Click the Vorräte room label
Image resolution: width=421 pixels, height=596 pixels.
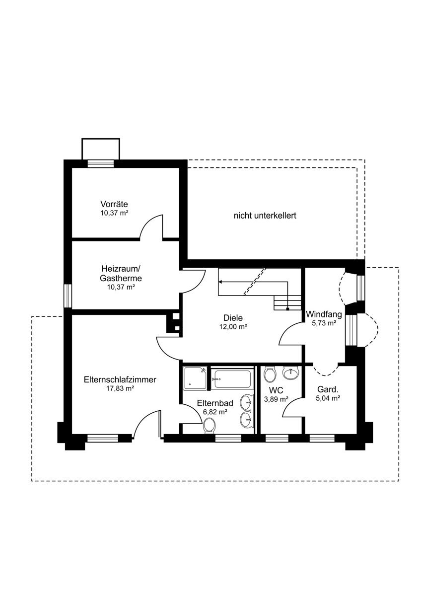114,204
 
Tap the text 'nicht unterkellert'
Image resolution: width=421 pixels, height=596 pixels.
265,215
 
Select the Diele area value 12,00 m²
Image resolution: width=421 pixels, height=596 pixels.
233,327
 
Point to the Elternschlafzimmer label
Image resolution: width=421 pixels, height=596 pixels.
120,379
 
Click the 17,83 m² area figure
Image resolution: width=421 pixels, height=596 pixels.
120,388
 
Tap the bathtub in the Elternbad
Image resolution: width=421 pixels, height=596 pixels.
232,379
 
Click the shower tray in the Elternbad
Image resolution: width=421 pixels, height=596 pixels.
195,378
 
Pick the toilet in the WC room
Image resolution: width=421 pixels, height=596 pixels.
270,374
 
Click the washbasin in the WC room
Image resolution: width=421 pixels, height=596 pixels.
291,373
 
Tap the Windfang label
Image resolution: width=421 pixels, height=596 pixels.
324,314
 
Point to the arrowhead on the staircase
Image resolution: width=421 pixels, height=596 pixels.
220,282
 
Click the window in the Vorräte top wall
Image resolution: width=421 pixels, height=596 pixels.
101,163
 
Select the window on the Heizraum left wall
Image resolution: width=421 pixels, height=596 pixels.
68,296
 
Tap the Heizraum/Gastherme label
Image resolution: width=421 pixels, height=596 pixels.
121,273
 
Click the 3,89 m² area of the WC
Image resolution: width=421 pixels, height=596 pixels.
277,399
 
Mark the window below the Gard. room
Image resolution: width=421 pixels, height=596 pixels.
322,438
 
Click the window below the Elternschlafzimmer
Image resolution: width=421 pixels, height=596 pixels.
103,438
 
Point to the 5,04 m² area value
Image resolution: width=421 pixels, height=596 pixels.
328,398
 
